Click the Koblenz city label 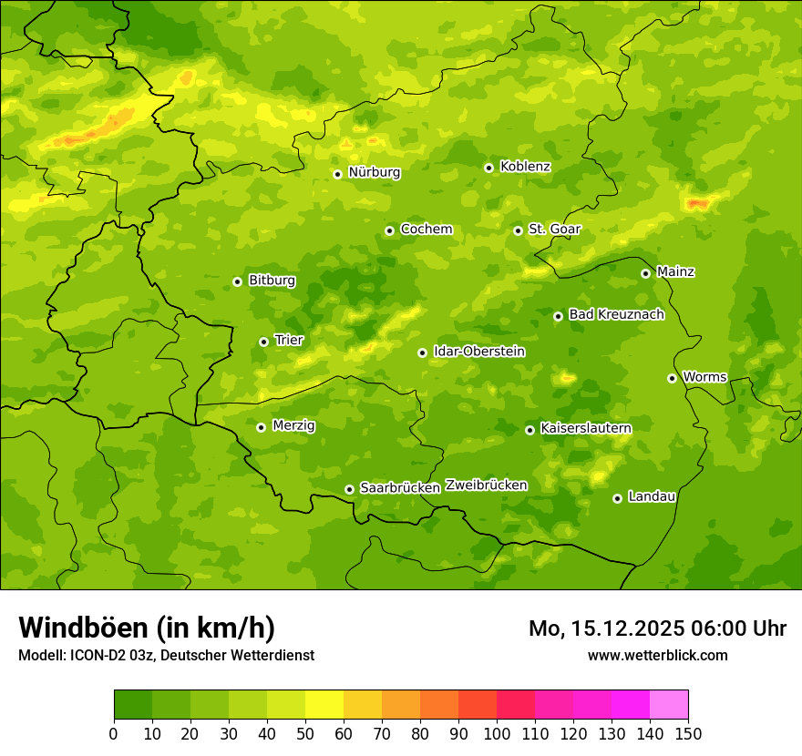525,167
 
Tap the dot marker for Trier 263,342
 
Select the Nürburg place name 374,172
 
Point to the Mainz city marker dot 645,273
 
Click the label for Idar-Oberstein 478,352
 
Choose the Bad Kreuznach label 616,314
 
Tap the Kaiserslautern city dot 530,430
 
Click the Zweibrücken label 486,485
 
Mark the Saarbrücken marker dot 349,489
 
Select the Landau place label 652,496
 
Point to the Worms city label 704,377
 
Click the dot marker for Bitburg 237,281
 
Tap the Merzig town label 293,425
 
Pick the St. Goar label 554,230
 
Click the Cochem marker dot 389,230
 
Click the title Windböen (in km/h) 146,628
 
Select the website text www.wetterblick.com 657,655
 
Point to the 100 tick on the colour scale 497,732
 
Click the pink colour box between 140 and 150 669,705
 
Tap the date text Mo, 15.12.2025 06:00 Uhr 657,628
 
